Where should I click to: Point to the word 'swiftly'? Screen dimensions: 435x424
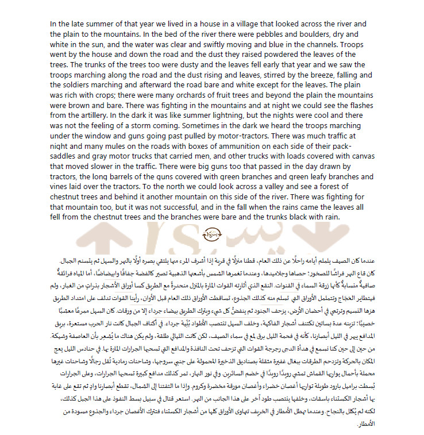click(246, 44)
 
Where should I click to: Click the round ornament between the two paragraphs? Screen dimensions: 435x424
click(212, 235)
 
